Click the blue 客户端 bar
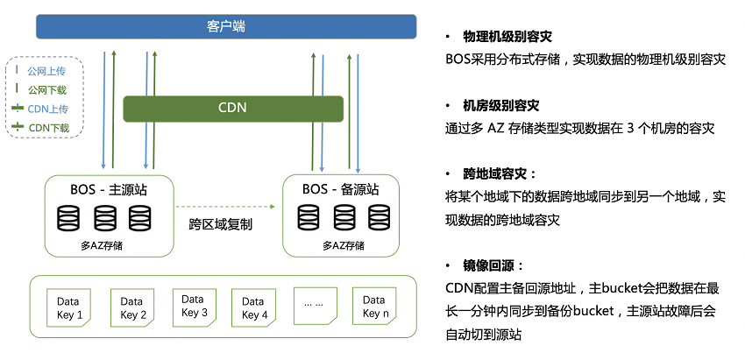pyautogui.click(x=226, y=26)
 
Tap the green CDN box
pyautogui.click(x=233, y=109)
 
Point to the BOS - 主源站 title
pyautogui.click(x=109, y=189)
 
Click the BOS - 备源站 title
pyautogui.click(x=341, y=189)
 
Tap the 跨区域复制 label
pyautogui.click(x=221, y=224)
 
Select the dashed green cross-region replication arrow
pyautogui.click(x=225, y=207)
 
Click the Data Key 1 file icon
pyautogui.click(x=68, y=307)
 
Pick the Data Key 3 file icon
pyautogui.click(x=195, y=307)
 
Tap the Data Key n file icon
pyautogui.click(x=374, y=307)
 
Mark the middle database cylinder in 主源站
pyautogui.click(x=105, y=218)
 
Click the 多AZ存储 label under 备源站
pyautogui.click(x=344, y=245)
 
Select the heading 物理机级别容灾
pyautogui.click(x=507, y=37)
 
